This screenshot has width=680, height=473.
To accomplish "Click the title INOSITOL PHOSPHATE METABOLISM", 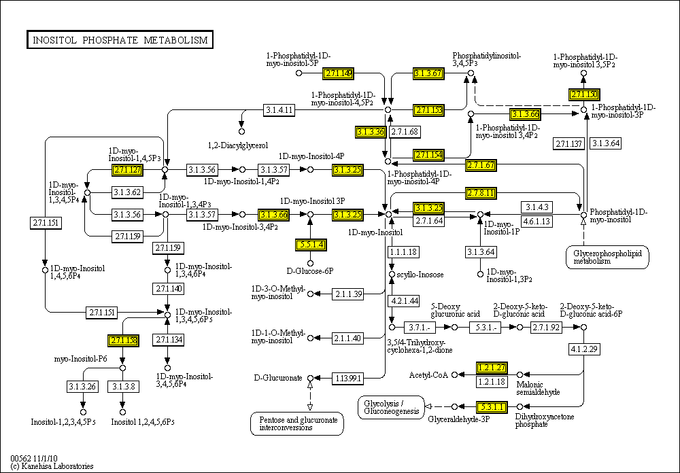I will point(120,40).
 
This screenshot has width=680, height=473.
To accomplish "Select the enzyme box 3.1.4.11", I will point(279,110).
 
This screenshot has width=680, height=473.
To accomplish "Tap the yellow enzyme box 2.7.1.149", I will point(338,73).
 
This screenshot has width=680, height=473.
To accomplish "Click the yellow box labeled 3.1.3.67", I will point(428,73).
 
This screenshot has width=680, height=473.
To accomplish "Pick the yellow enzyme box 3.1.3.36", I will point(370,131).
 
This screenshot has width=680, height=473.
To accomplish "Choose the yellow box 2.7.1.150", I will point(584,94).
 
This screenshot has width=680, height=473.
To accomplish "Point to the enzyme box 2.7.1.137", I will point(568,143).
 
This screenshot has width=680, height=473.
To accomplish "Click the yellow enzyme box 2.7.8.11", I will point(481,193).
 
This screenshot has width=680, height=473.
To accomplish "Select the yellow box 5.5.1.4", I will point(311,244).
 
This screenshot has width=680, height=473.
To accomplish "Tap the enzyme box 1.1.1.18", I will point(403,252).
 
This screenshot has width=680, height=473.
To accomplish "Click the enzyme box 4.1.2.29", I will point(583,349).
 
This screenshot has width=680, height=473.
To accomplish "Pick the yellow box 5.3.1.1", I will point(491,407).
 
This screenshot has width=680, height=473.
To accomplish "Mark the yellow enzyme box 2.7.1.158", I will point(123,339).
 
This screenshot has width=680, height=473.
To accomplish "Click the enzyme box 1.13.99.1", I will point(347,377).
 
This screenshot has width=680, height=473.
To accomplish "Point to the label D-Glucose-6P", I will point(309,270).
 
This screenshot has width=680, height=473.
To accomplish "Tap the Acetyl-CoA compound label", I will point(428,374).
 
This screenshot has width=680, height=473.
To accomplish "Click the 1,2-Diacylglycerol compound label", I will point(237,145).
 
